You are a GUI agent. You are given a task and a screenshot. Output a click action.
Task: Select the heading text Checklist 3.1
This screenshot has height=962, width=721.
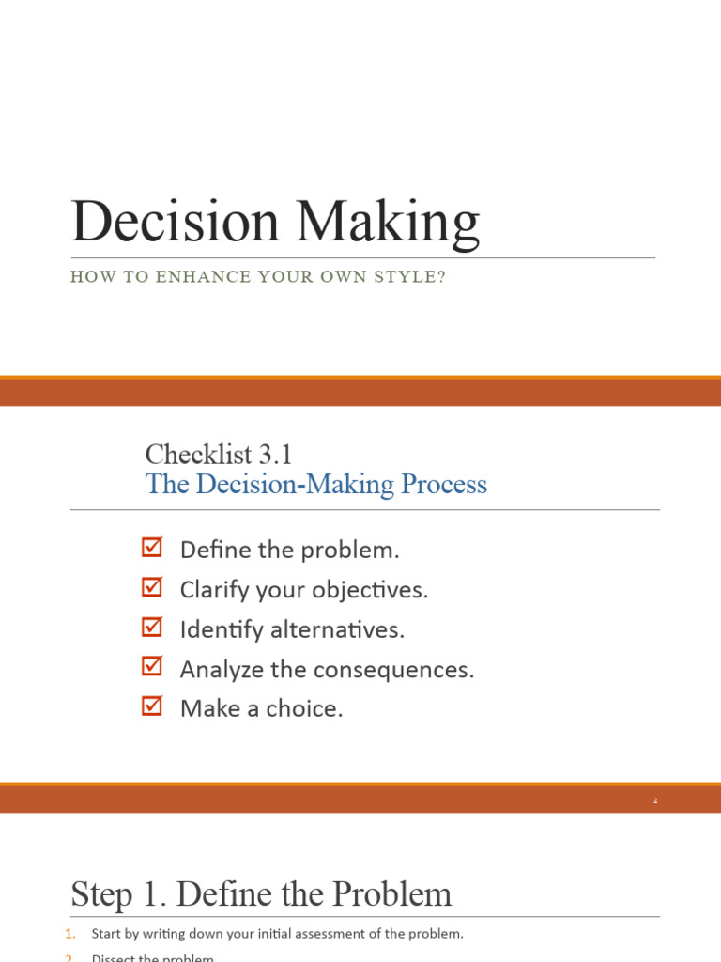[219, 455]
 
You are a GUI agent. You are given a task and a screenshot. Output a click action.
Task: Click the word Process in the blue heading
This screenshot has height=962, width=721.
[444, 485]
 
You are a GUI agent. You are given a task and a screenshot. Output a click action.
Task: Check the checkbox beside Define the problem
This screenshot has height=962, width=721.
[151, 547]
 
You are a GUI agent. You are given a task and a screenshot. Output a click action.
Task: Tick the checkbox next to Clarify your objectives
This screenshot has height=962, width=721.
[151, 587]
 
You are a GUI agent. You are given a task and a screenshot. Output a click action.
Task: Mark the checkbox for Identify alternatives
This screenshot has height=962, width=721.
[151, 627]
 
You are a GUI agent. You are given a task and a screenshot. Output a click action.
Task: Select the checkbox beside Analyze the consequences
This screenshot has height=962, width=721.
[151, 666]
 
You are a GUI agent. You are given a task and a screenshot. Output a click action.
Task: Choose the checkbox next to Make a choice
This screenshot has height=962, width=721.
[151, 706]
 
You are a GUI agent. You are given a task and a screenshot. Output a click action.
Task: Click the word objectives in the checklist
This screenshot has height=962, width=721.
[376, 591]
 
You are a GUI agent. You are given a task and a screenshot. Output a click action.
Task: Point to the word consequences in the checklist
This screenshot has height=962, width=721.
[407, 670]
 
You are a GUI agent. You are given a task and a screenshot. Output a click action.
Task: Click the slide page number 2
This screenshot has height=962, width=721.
[655, 800]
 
